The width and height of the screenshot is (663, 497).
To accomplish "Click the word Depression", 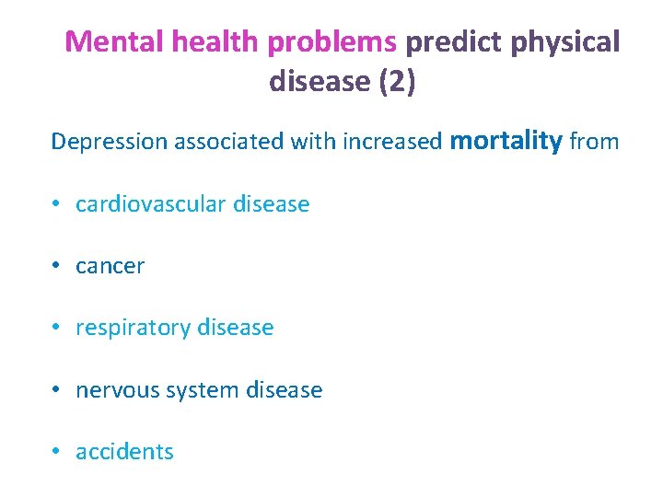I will (x=109, y=142).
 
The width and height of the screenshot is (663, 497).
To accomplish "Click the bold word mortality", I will (x=506, y=141).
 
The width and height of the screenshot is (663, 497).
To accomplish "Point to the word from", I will (x=594, y=142).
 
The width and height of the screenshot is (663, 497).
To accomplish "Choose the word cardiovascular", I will (x=151, y=204).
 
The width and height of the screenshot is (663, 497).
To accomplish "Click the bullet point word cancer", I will (x=110, y=267).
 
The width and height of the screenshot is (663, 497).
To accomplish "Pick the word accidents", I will (x=124, y=452).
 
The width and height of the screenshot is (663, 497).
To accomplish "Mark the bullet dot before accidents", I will (x=57, y=452).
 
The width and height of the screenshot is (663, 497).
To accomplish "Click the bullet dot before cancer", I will (x=57, y=266).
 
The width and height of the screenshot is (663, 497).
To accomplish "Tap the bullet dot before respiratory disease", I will (x=57, y=328).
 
